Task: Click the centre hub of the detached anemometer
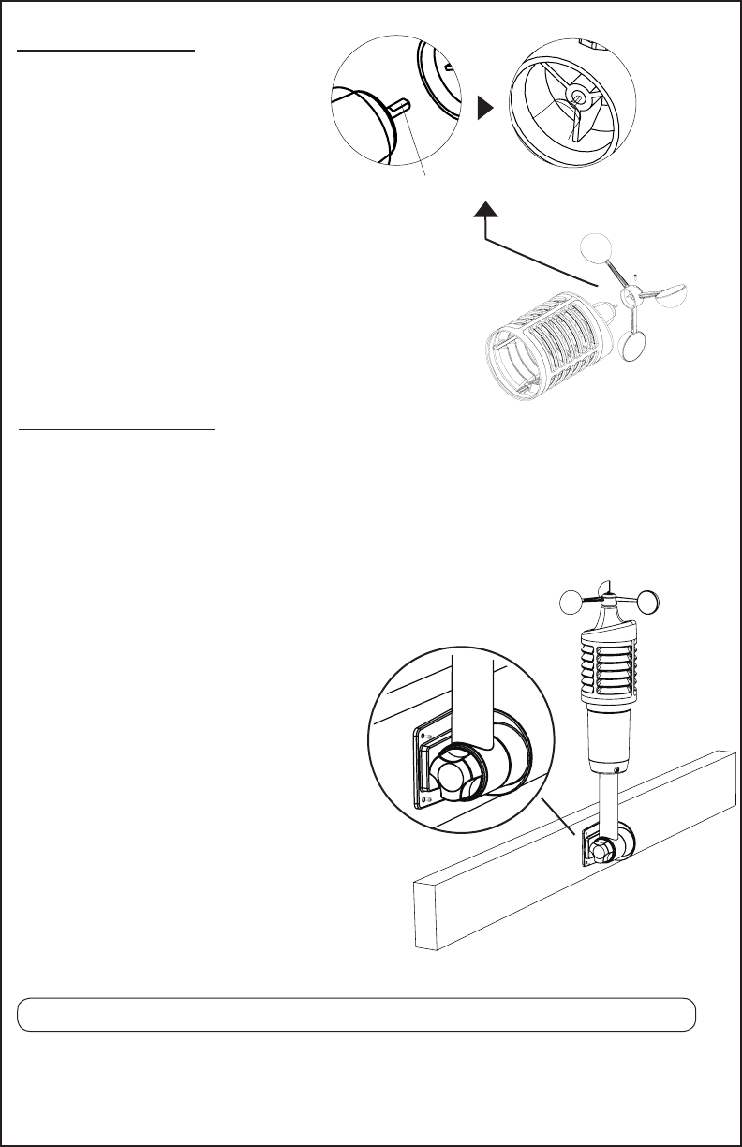(x=632, y=295)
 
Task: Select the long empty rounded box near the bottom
(x=356, y=1015)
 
